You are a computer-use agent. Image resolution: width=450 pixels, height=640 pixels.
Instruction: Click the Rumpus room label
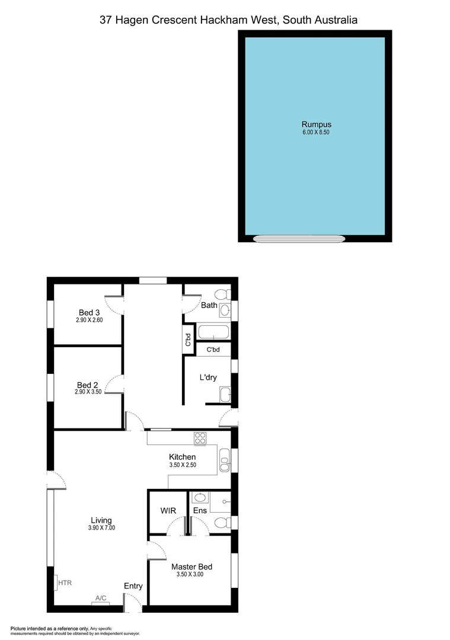(x=315, y=124)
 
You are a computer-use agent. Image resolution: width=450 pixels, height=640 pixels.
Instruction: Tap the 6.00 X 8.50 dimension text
(x=315, y=133)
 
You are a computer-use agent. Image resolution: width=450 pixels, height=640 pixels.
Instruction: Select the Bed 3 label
(x=89, y=313)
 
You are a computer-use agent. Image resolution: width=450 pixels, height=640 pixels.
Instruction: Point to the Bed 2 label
(x=89, y=384)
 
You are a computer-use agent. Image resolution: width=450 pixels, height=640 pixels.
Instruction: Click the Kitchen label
(x=182, y=457)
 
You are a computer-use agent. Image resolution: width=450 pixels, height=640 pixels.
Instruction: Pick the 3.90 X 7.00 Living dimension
(x=101, y=528)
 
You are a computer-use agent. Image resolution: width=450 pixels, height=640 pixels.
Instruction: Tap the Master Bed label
(x=192, y=567)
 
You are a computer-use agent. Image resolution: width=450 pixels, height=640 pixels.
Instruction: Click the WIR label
(x=168, y=510)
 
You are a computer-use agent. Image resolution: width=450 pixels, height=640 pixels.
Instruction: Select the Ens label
(x=199, y=510)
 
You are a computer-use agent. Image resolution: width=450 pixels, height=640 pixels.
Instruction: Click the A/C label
(x=100, y=599)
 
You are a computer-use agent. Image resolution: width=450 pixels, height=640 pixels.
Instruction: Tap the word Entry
(x=133, y=586)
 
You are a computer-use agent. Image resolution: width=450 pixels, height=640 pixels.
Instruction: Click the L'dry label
(x=208, y=377)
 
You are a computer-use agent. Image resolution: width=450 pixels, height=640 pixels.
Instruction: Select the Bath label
(x=209, y=305)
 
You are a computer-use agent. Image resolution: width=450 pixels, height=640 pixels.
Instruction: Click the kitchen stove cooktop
(x=200, y=439)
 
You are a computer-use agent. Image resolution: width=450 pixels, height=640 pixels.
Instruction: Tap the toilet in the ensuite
(x=221, y=523)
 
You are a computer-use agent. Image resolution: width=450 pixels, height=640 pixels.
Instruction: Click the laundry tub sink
(x=225, y=395)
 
